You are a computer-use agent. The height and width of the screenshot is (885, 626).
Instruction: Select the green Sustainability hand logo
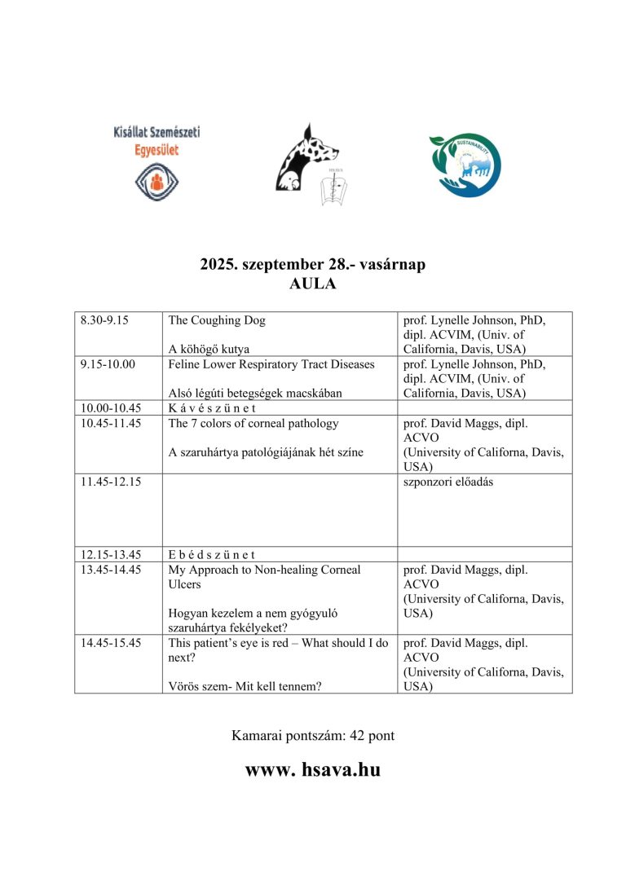pos(465,166)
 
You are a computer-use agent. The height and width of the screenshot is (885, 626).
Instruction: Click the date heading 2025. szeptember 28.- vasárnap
pos(313,265)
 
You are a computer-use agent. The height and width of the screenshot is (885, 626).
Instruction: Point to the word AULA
pos(313,284)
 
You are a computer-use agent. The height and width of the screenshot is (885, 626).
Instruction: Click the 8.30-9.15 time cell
pos(105,320)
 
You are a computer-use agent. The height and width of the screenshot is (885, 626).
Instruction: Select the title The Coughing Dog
pos(216,320)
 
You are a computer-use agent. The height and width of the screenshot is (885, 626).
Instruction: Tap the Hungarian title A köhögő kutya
pos(209,350)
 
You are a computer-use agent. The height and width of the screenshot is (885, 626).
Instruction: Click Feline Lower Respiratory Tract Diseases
pos(271,364)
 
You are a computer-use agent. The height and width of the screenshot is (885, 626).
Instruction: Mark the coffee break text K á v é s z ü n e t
pos(212,408)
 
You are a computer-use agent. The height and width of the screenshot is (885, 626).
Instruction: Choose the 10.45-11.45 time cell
pos(111,423)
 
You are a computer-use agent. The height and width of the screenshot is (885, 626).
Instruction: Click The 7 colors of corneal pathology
pos(253,423)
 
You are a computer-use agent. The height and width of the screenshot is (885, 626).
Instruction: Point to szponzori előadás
pos(447,482)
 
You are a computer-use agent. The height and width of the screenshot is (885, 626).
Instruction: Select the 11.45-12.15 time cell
pos(111,482)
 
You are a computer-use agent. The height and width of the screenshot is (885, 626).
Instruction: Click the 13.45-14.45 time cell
pos(111,570)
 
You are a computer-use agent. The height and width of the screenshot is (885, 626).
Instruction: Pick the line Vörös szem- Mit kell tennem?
pos(245,686)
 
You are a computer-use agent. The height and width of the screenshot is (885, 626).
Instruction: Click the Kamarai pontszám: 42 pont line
pos(313,736)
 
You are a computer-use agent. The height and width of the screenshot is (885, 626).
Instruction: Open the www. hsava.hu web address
pos(313,769)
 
